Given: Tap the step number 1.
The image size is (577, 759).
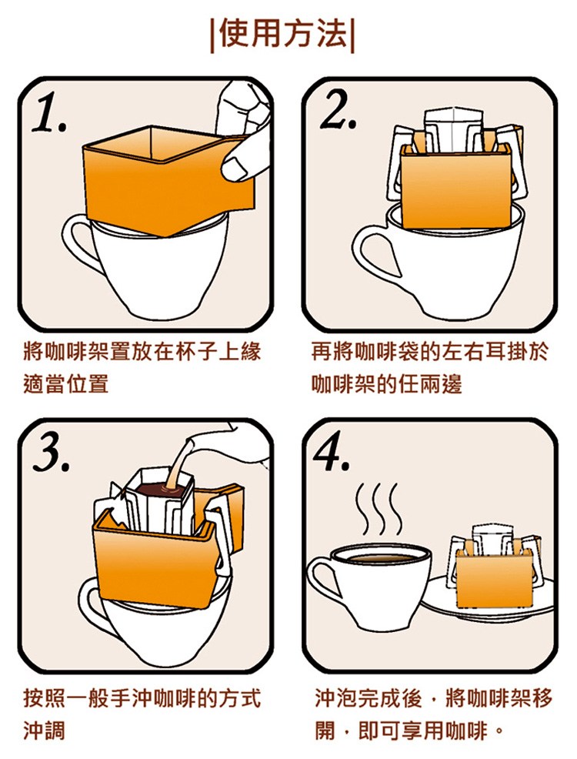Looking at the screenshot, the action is point(50,113).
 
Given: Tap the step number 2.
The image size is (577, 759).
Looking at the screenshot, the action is point(338,110).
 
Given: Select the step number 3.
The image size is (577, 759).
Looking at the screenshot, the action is point(52,453).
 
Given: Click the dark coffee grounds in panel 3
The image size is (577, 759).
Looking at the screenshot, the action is point(158,490).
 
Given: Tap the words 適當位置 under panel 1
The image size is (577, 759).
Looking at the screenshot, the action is point(66,385).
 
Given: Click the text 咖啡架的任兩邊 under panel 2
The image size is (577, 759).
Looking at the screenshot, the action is point(387,385).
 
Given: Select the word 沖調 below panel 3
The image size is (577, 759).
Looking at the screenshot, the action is point(45,730).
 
